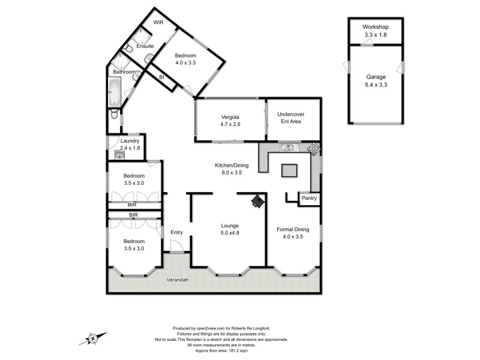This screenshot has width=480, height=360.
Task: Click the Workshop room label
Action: [376, 27]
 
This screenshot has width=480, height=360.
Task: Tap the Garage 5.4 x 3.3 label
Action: [376, 81]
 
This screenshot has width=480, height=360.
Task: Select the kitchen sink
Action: [289, 147]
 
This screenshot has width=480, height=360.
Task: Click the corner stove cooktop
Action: [314, 148]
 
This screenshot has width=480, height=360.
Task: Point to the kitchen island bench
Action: [289, 171]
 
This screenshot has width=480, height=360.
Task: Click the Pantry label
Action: [309, 198]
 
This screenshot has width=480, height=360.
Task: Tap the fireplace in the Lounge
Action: [257, 202]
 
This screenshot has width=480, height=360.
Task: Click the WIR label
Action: [158, 22]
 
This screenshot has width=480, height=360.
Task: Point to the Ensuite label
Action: [145, 46]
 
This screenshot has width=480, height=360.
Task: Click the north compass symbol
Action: [94, 338]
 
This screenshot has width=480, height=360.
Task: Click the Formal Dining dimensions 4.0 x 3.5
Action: [293, 237]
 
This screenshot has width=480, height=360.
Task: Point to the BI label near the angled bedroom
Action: [161, 77]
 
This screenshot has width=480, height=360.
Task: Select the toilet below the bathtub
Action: [114, 114]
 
